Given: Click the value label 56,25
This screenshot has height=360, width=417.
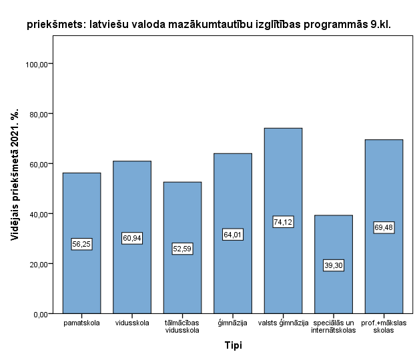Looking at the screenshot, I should click(81, 244).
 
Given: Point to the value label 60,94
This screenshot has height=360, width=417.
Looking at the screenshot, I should click(132, 238).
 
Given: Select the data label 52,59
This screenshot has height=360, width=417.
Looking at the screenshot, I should click(182, 249).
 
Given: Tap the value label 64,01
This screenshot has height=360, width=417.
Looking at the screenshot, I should click(233, 234).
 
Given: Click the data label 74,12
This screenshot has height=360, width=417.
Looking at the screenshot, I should click(283, 222).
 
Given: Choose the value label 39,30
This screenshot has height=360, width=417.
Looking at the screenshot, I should click(333, 265).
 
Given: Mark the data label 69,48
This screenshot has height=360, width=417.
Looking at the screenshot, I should click(384, 227).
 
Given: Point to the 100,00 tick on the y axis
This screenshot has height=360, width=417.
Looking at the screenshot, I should click(39, 64).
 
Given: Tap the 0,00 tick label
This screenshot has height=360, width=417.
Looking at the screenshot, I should click(42, 314).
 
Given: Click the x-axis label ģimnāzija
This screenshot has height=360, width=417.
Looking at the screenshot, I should click(233, 323).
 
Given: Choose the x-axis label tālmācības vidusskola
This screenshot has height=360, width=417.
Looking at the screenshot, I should click(182, 327).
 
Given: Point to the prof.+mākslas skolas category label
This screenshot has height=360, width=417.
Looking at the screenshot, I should click(384, 327).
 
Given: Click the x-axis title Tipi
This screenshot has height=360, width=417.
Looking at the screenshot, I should click(233, 345).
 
